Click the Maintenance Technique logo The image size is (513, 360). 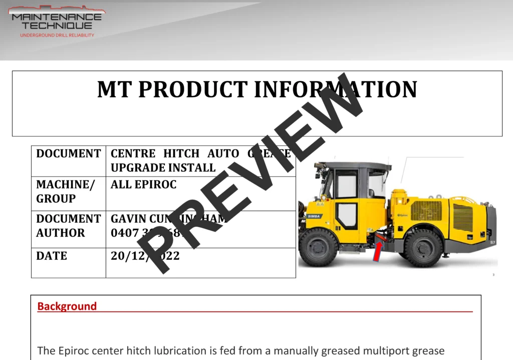[x=57, y=21]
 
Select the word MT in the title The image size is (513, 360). [x=115, y=89]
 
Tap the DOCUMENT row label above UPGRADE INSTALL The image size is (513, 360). [x=68, y=153]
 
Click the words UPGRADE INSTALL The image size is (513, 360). [x=163, y=167]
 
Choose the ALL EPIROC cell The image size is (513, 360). [x=143, y=185]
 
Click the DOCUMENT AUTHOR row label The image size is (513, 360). [x=68, y=226]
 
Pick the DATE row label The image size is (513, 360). [x=52, y=256]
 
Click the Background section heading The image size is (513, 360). [x=67, y=306]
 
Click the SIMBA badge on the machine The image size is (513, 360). [x=314, y=216]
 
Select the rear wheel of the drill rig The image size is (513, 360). [x=423, y=247]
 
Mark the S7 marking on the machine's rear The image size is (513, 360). [x=492, y=243]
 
